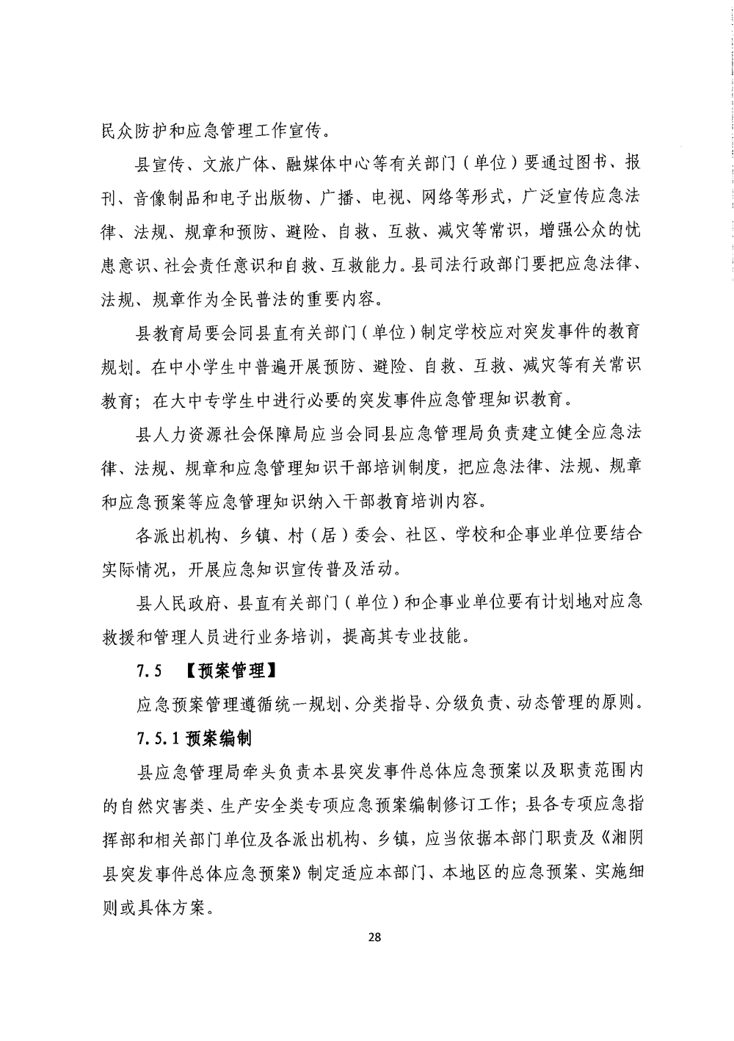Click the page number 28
[x=374, y=937]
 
